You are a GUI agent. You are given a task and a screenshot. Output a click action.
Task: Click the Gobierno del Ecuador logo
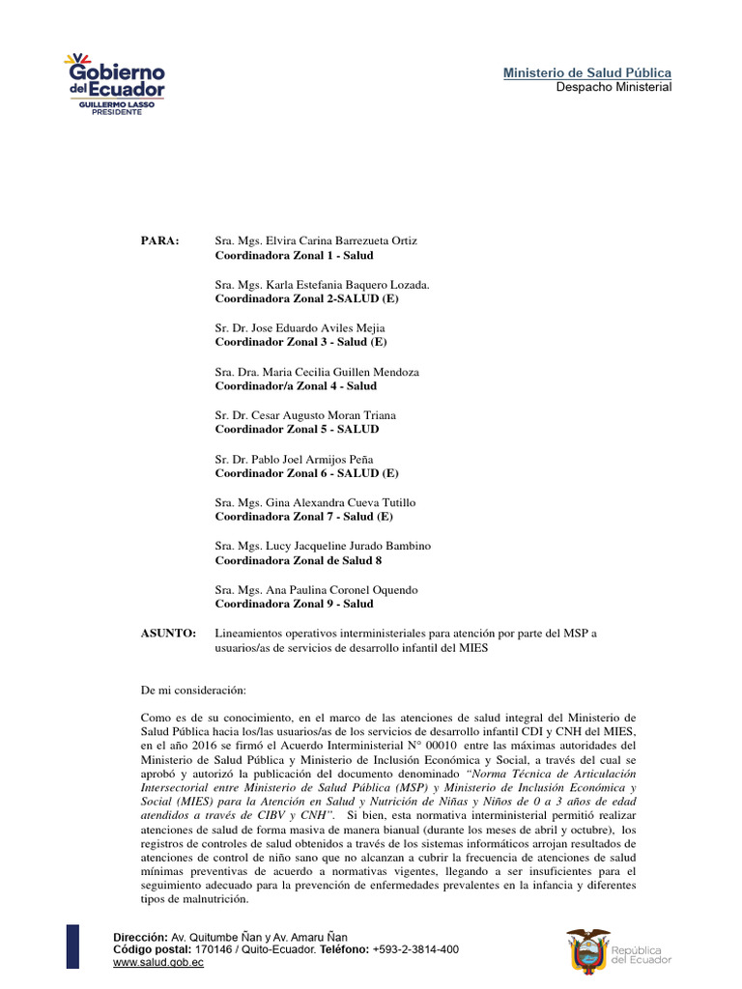coord(115,85)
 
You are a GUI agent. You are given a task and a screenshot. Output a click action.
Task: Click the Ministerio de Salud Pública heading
coord(587,73)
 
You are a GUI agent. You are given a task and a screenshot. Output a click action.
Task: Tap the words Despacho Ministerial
coord(614,87)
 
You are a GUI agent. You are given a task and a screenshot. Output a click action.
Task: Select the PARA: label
coord(160,240)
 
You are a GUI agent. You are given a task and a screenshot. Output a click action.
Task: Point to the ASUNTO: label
coord(169,634)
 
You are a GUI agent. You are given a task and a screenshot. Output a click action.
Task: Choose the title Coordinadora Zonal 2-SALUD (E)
coord(306,298)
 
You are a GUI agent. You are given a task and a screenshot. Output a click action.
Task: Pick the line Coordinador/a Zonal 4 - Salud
coord(296,385)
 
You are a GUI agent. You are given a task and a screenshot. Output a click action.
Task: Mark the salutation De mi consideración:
coord(193,691)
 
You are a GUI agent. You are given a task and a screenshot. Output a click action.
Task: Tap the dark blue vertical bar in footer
coord(72,947)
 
